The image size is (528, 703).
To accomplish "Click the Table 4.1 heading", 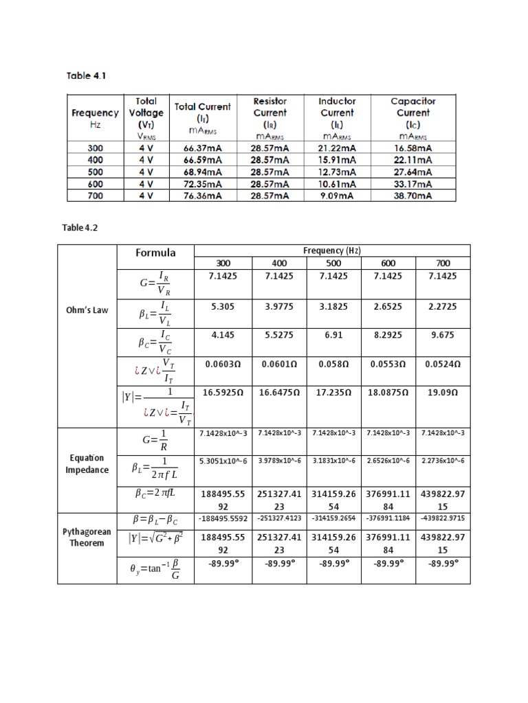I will (x=87, y=76).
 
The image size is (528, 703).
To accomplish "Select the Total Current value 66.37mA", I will (x=202, y=147).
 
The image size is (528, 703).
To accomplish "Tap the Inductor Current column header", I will (x=337, y=113).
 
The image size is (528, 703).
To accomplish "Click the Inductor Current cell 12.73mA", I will (x=337, y=171).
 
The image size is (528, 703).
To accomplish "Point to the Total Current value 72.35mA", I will (x=202, y=183).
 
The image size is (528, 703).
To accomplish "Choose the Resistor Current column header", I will (x=270, y=113).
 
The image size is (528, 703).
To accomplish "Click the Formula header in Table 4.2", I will (x=155, y=253).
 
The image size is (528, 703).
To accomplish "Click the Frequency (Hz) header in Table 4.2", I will (x=332, y=251).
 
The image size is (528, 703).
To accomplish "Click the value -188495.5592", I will (x=222, y=518).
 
